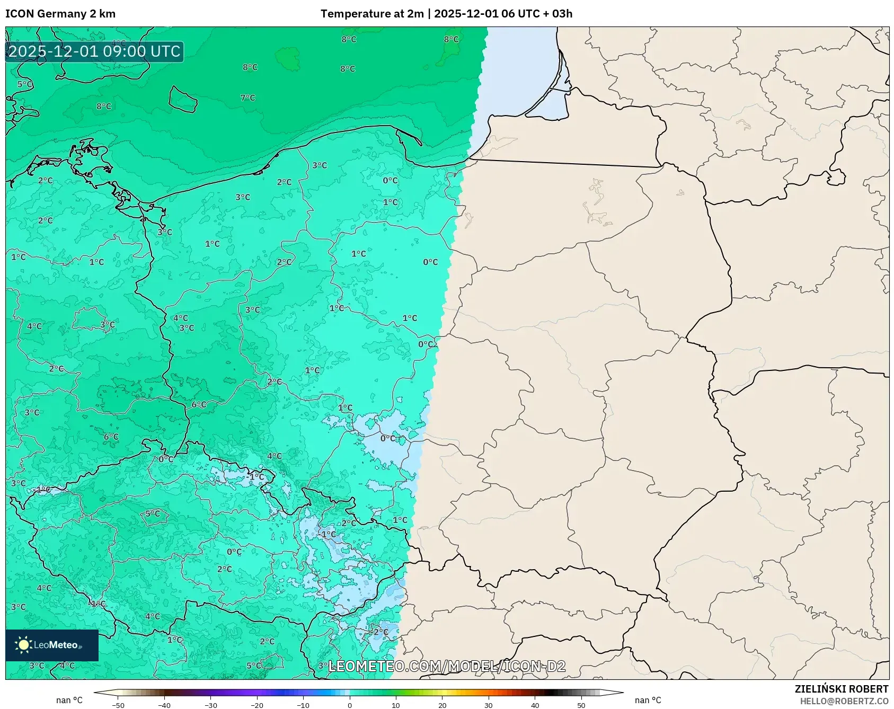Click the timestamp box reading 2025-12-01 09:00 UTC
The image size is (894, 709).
(x=94, y=51)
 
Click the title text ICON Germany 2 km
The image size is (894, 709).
(x=60, y=14)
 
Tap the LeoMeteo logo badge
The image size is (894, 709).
(x=52, y=645)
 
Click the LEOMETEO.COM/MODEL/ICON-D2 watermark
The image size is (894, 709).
(x=447, y=666)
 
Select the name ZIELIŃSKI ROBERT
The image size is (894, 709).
(x=841, y=689)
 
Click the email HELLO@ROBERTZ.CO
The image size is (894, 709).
(x=844, y=701)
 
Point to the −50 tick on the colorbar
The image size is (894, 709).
(x=118, y=705)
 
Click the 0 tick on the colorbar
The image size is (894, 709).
(x=350, y=705)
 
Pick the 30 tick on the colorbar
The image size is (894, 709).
(x=489, y=705)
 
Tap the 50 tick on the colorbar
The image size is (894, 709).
(x=581, y=705)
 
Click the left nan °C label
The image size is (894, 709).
(x=69, y=700)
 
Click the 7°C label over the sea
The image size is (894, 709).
(x=247, y=98)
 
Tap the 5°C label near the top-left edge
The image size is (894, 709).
(x=25, y=84)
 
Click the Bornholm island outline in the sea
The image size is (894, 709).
(x=183, y=99)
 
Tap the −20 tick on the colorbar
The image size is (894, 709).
(x=257, y=705)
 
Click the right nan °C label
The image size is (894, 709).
(x=648, y=700)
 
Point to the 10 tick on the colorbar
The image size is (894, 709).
(x=396, y=705)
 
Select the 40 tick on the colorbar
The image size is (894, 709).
(x=535, y=705)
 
